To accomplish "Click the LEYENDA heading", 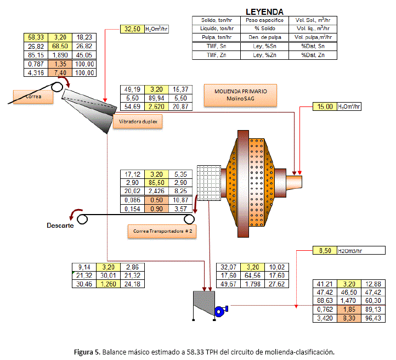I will (264, 11).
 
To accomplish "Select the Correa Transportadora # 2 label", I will (162, 231).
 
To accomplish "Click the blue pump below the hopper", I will (220, 311).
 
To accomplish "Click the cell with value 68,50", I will (60, 47).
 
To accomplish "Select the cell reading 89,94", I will (156, 97).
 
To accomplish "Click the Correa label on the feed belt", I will (32, 97).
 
